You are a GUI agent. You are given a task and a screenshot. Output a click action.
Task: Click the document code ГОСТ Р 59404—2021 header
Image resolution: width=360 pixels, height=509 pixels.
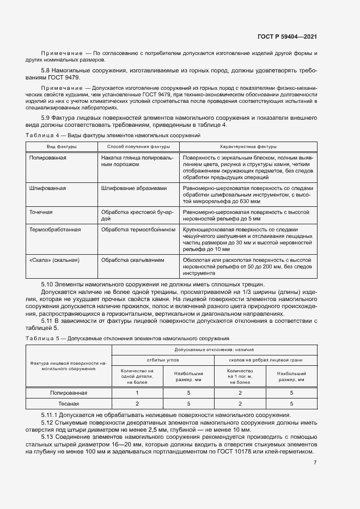pos(288,36)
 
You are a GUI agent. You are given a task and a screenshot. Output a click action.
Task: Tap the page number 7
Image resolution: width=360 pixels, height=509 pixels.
pos(315,463)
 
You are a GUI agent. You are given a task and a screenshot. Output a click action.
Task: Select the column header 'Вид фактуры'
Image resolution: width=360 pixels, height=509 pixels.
pos(62,146)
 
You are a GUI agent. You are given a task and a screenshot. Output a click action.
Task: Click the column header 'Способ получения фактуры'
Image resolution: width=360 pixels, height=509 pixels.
pos(138,146)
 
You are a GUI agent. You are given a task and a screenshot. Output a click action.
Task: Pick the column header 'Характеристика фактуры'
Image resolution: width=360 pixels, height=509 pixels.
pos(248,146)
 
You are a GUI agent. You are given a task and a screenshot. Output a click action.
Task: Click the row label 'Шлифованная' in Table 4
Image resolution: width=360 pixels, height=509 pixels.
pos(48,188)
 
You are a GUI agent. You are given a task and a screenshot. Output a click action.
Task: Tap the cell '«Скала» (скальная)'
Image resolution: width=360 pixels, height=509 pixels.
pos(54,260)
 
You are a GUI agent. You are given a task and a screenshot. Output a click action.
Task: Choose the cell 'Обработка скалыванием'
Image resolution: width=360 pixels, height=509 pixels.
pos(132,260)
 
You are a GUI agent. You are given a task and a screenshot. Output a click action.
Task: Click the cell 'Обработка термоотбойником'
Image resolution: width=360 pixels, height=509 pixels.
pos(138,229)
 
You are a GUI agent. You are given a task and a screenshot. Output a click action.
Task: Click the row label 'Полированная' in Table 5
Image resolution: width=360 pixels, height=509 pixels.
pos(69,392)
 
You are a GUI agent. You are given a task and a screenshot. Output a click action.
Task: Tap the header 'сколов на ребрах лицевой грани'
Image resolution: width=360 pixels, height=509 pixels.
pos(264,360)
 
